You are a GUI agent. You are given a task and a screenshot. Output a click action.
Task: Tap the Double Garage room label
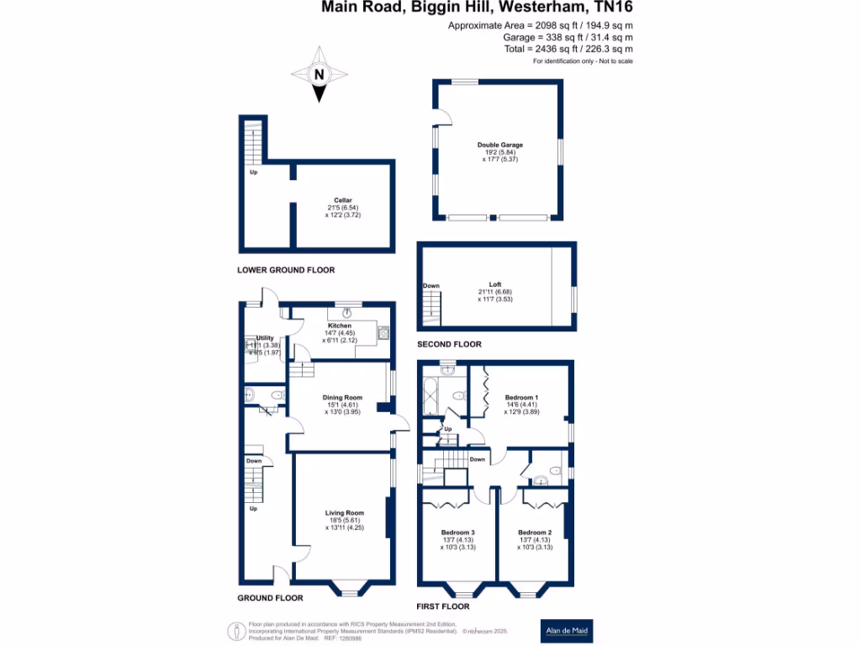click(x=500, y=145)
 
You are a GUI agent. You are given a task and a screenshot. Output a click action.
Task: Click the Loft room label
click(x=495, y=285)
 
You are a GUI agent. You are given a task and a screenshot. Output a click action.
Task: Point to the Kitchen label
click(x=339, y=326)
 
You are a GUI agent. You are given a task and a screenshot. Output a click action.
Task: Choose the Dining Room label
click(x=342, y=398)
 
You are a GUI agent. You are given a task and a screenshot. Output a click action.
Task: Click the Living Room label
click(x=345, y=512)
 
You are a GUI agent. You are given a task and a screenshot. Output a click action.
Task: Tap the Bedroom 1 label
click(x=521, y=397)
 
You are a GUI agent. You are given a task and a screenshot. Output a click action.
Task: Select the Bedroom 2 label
click(x=535, y=532)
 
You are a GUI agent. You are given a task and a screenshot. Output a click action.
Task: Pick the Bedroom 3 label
click(x=458, y=532)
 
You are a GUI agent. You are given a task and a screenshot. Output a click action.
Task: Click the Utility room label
click(x=265, y=338)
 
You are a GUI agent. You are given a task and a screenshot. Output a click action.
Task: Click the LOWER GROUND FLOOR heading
click(x=286, y=270)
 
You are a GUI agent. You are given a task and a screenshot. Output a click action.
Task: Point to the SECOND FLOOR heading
click(x=450, y=345)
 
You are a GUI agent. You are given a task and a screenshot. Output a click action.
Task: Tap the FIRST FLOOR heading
click(x=443, y=606)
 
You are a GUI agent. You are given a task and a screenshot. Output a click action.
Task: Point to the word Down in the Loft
click(x=431, y=286)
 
